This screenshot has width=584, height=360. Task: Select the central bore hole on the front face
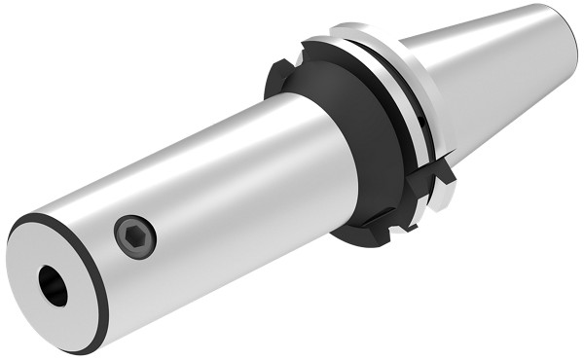(54, 285)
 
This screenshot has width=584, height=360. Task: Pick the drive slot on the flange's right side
(444, 172)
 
